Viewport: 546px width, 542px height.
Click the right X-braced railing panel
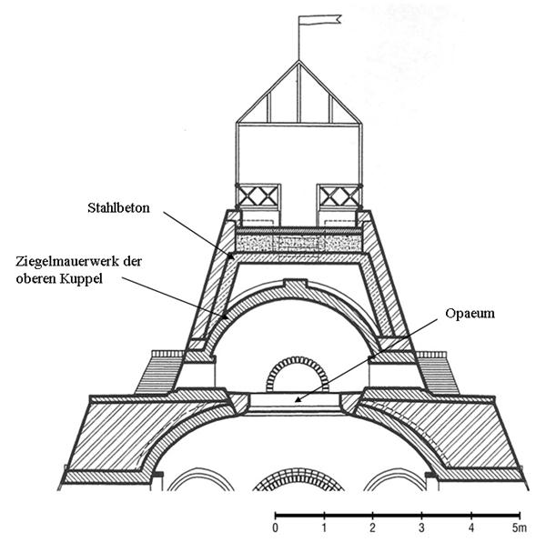coord(339,195)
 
